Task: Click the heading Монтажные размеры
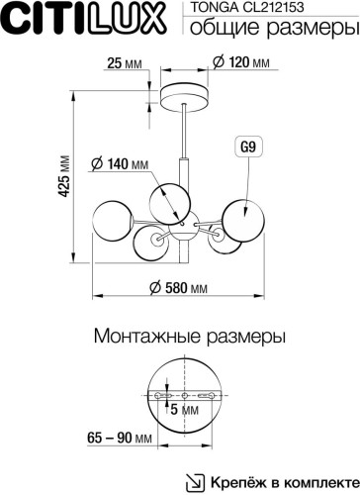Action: (x=179, y=337)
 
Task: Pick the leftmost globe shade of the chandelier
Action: (x=111, y=220)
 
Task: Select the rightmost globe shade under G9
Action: (x=240, y=218)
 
